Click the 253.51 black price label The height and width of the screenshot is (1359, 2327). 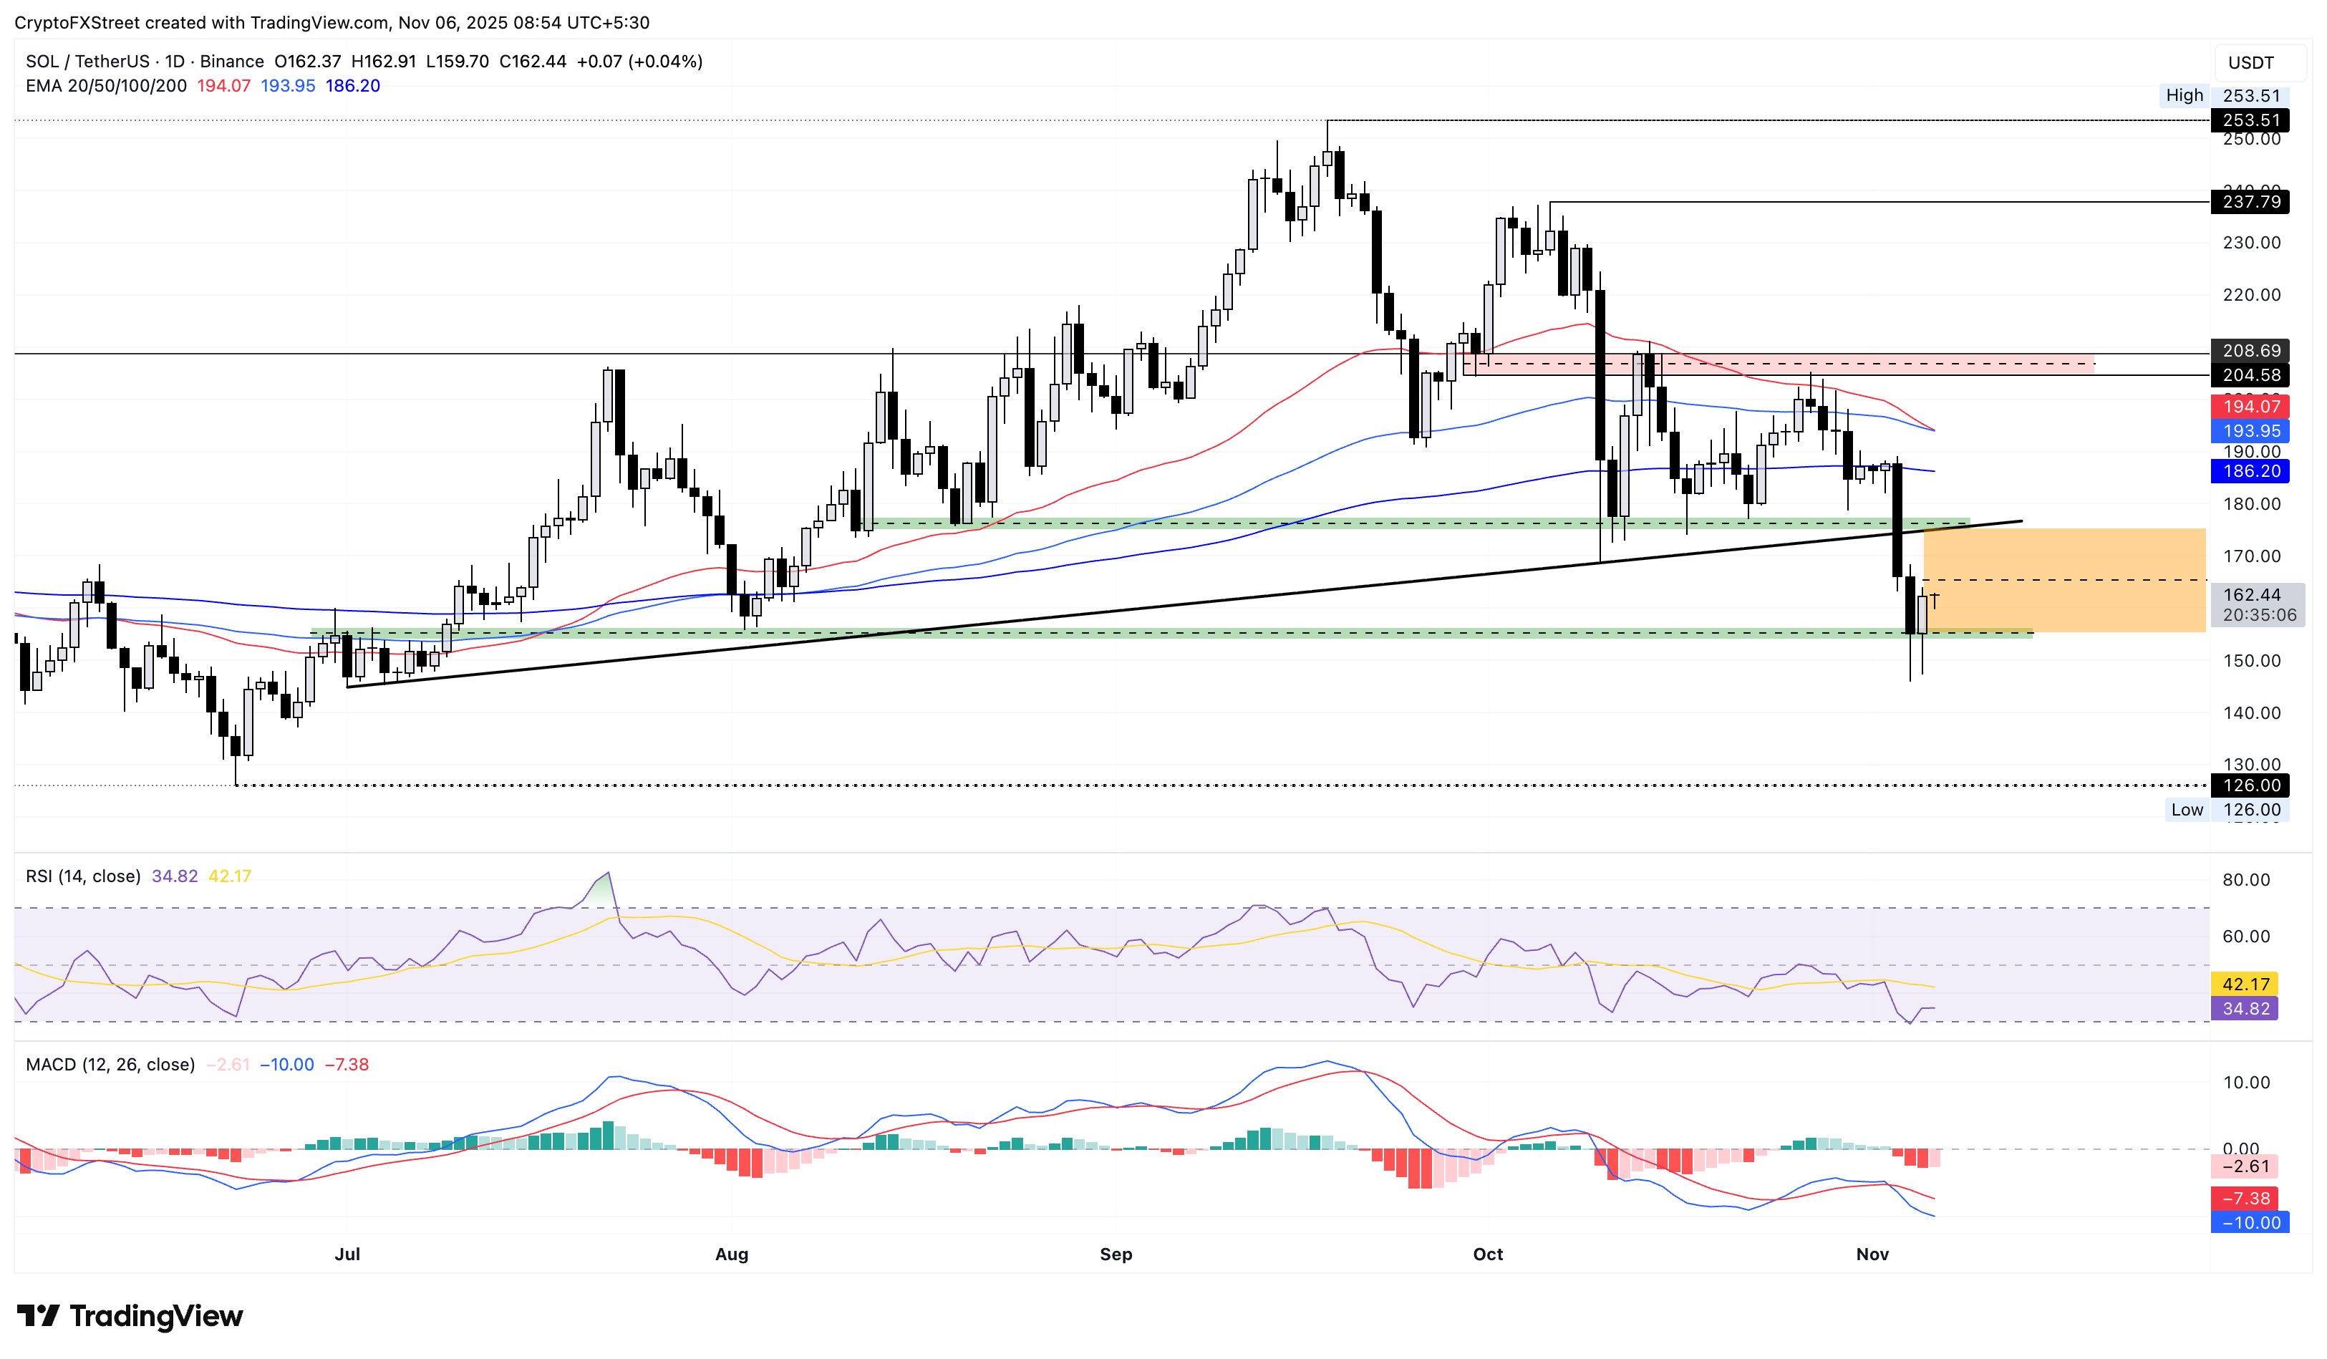(2250, 120)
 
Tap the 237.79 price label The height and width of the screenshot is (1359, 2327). (2250, 201)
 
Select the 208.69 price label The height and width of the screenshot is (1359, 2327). (2250, 350)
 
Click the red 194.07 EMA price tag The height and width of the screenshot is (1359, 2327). (2250, 406)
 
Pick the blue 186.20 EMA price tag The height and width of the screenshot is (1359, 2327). (2250, 471)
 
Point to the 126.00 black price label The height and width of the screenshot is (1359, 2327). (2250, 785)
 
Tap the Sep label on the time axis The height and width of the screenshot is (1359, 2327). (1116, 1254)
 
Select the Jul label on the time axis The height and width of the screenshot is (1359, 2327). (347, 1254)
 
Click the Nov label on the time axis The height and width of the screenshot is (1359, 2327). (1872, 1254)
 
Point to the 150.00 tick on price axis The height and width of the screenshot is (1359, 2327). (2250, 660)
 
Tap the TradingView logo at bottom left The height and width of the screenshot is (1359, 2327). (130, 1315)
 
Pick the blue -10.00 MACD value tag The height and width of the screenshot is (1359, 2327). (2250, 1222)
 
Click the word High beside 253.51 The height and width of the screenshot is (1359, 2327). (2184, 95)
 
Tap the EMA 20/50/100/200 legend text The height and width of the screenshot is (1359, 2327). (106, 85)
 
